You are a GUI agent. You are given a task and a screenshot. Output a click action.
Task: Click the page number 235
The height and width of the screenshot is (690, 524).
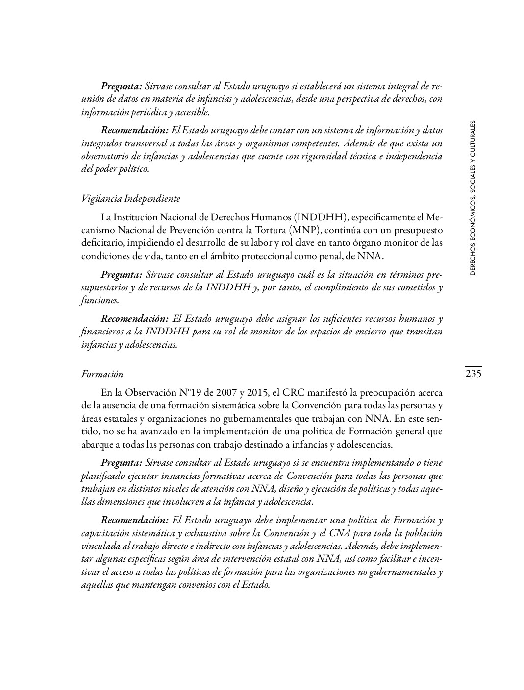[473, 374]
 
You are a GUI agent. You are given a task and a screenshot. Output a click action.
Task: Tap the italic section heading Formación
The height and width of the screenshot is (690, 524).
[102, 374]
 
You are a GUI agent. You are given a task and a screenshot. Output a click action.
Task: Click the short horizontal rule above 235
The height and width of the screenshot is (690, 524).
[473, 366]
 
